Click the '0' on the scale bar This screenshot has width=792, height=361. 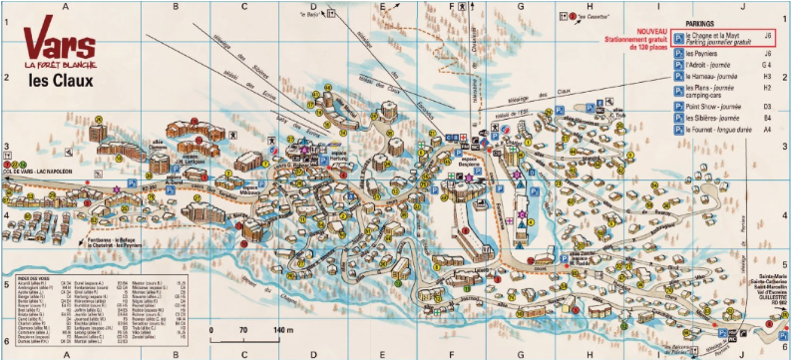click(211, 329)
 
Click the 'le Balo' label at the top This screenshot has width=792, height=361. click(313, 15)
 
